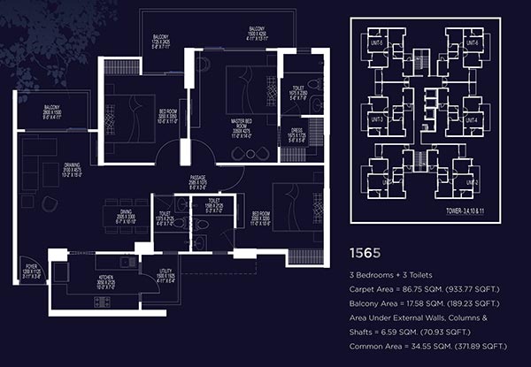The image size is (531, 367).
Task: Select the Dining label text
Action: (126, 212)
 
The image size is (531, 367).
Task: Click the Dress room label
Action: (296, 133)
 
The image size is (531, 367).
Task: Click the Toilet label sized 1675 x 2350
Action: (296, 93)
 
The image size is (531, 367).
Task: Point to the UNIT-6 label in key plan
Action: (472, 43)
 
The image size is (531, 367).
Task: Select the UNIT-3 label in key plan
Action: (376, 119)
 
